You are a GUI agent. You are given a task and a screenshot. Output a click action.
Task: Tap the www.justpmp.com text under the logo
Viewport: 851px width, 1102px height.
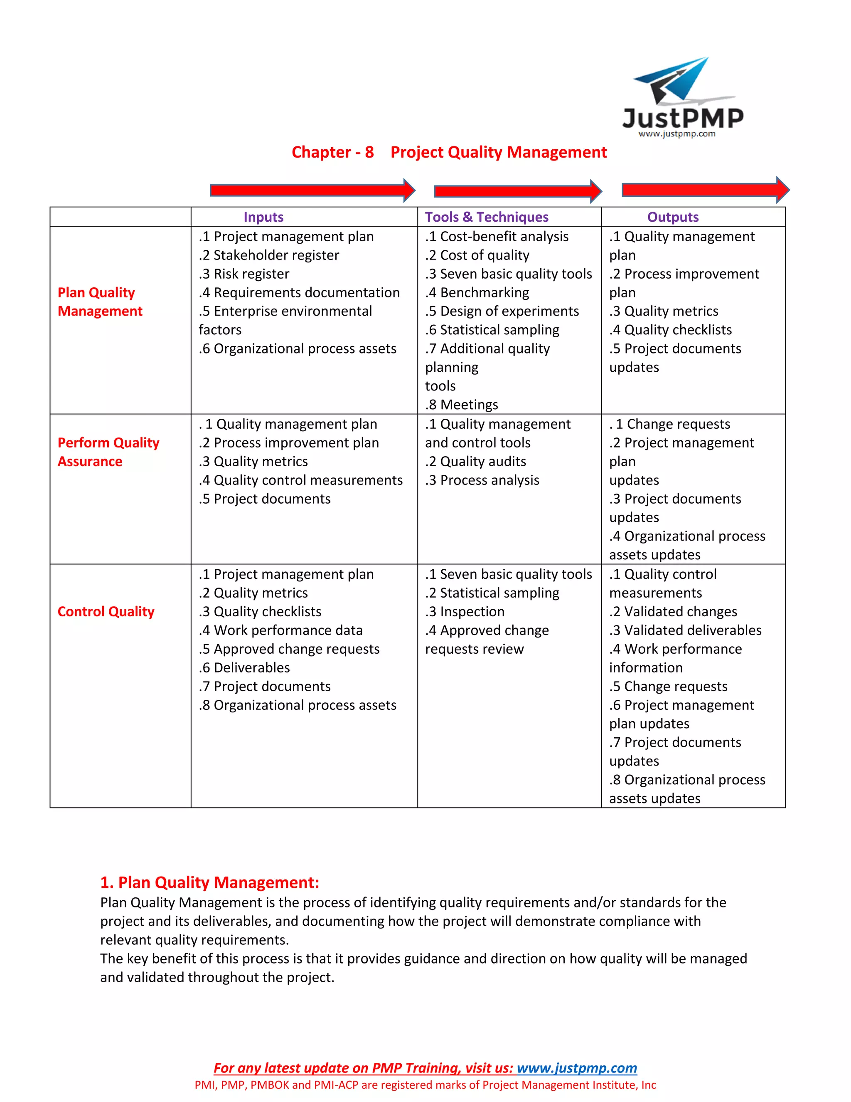click(676, 134)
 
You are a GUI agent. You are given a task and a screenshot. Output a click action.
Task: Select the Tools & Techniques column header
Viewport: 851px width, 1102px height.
click(487, 217)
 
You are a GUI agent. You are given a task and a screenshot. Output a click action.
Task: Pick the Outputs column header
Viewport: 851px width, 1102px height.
click(673, 217)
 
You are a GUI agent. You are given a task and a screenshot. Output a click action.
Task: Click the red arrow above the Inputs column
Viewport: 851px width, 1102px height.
click(312, 190)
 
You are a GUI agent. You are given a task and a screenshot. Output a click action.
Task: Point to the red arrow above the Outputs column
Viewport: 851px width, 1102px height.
click(705, 190)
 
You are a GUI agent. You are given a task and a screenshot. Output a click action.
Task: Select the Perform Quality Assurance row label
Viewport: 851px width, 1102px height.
click(108, 452)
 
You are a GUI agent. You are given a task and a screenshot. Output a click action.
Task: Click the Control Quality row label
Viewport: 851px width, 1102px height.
click(106, 612)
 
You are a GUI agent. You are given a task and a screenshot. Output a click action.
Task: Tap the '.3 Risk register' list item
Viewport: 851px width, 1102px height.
click(244, 274)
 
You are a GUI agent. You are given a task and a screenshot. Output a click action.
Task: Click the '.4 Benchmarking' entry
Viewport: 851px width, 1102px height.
click(477, 293)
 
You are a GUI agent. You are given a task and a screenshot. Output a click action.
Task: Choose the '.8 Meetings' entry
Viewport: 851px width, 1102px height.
click(461, 405)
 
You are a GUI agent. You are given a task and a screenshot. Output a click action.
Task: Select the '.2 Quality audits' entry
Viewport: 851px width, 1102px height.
click(475, 461)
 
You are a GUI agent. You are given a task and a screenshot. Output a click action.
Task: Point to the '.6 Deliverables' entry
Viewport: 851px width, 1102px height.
click(244, 667)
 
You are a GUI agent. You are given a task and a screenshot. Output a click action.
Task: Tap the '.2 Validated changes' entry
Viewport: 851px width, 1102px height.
click(673, 612)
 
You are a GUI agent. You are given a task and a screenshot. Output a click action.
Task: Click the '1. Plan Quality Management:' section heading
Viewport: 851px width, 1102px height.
click(210, 882)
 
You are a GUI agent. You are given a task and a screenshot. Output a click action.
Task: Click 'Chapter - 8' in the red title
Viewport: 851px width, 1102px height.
click(333, 152)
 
